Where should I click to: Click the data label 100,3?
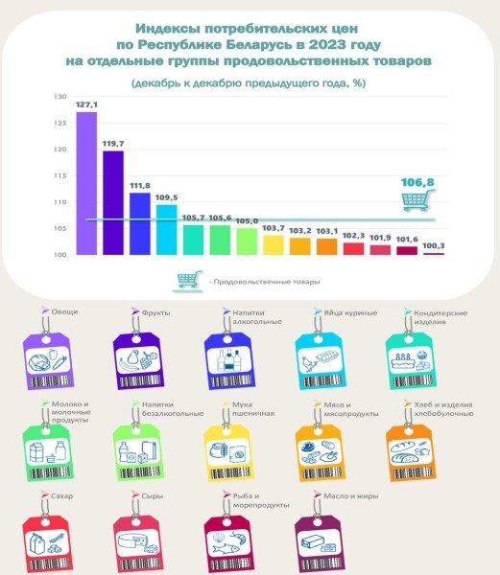[x=433, y=246]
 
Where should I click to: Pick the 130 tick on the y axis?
[x=60, y=98]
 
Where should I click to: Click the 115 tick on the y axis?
[x=60, y=176]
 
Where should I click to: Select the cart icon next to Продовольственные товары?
[x=188, y=282]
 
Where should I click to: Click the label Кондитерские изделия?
[x=436, y=317]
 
